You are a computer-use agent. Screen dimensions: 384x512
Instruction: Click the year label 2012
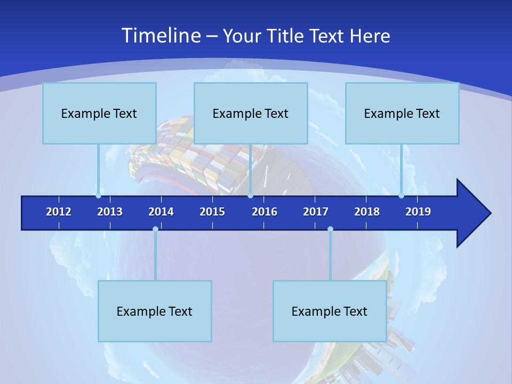[59, 212]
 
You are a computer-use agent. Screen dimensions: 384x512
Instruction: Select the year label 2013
[110, 212]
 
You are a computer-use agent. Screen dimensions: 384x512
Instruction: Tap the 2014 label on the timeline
[161, 212]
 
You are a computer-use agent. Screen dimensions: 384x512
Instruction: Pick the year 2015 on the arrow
[212, 212]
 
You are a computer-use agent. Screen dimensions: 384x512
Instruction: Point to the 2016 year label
[265, 212]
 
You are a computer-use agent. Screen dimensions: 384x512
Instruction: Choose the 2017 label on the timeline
[316, 212]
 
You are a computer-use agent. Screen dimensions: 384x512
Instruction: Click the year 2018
[367, 212]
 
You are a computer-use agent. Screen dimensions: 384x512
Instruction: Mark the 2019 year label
[418, 212]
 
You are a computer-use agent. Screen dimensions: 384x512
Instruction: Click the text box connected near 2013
[99, 113]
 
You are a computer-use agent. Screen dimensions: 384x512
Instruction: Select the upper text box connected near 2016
[251, 113]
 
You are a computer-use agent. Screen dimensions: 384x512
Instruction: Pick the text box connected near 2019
[402, 113]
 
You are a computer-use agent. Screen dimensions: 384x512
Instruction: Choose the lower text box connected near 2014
[155, 311]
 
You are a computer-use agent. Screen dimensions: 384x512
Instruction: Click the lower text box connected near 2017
[330, 311]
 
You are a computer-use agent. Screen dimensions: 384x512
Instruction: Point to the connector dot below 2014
[155, 229]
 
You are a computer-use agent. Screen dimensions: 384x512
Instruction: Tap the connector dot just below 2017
[330, 229]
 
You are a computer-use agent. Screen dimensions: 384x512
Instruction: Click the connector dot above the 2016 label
[250, 196]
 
